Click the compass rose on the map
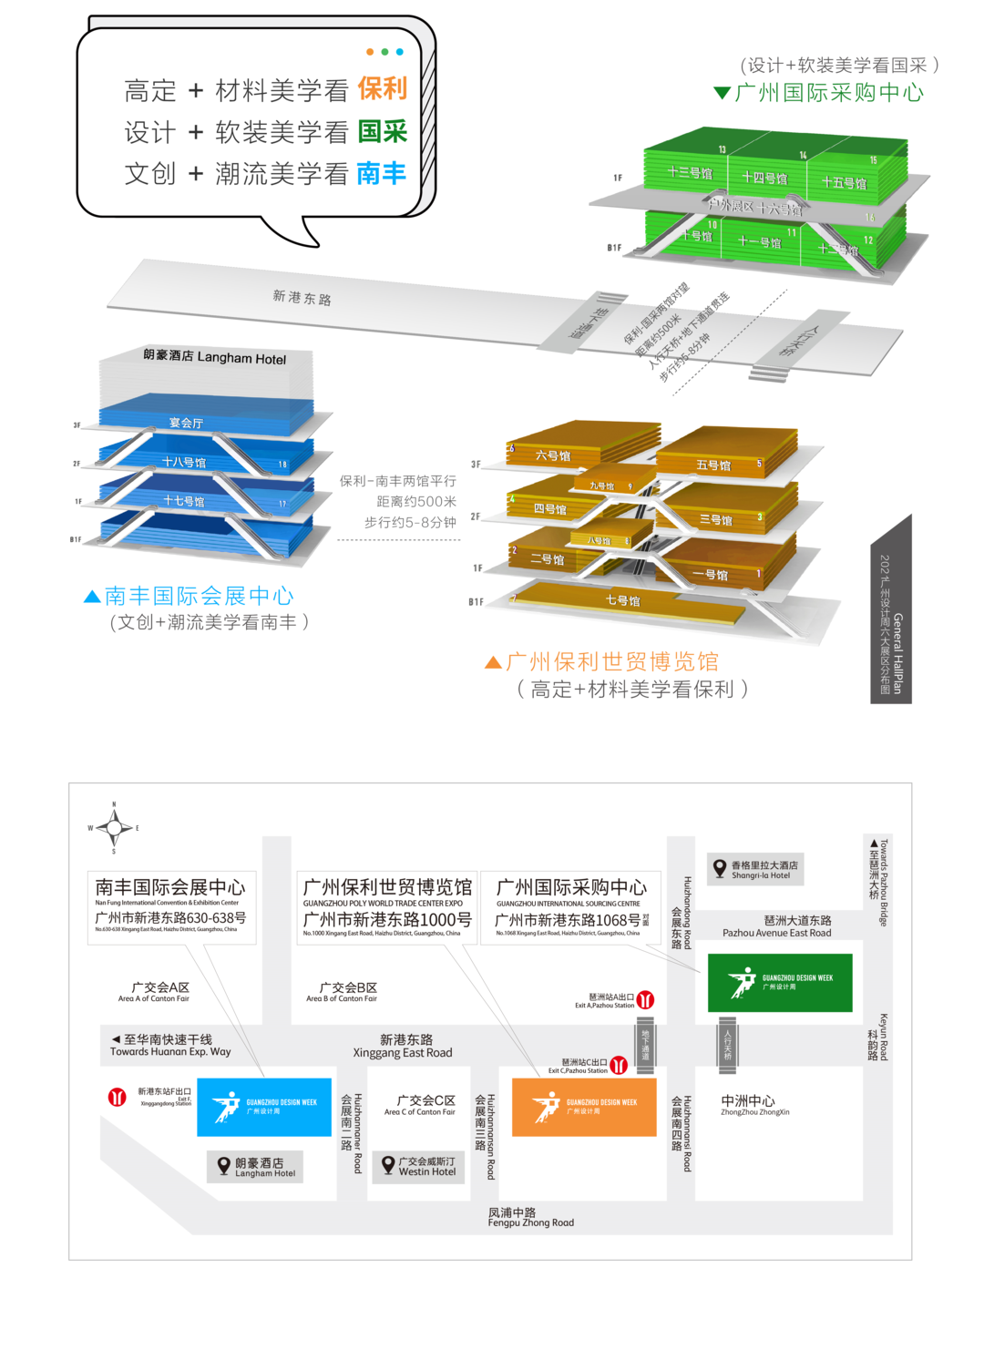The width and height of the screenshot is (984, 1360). tap(114, 828)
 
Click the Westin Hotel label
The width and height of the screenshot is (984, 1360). tap(422, 1167)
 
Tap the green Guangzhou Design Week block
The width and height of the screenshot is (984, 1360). tap(780, 983)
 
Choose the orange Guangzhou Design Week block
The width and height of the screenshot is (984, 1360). tap(584, 1107)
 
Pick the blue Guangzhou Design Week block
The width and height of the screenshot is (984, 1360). tap(264, 1107)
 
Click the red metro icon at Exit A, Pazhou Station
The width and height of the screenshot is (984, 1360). tap(645, 1000)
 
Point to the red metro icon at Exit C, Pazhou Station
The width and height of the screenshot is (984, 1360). tap(619, 1065)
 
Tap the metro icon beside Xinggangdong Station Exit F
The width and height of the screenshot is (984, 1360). tap(118, 1097)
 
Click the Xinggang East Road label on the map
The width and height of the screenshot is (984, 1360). tap(404, 1046)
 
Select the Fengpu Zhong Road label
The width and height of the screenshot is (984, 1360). tap(530, 1218)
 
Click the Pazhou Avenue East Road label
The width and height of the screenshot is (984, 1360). tap(777, 926)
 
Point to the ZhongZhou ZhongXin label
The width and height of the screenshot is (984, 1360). tap(754, 1104)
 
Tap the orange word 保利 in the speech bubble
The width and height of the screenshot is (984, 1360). tap(382, 89)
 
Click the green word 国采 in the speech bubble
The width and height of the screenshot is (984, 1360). tap(382, 132)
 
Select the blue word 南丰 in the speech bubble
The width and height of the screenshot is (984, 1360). tap(381, 173)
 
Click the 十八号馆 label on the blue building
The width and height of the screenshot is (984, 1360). tap(184, 463)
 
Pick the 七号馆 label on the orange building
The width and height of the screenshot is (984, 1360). tap(623, 601)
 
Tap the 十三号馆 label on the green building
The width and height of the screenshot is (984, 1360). tap(690, 172)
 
